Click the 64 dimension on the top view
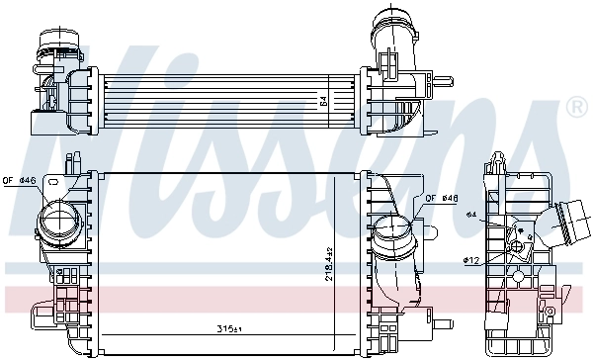tap(321, 99)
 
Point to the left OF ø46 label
tap(19, 180)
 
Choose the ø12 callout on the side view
tap(470, 261)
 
